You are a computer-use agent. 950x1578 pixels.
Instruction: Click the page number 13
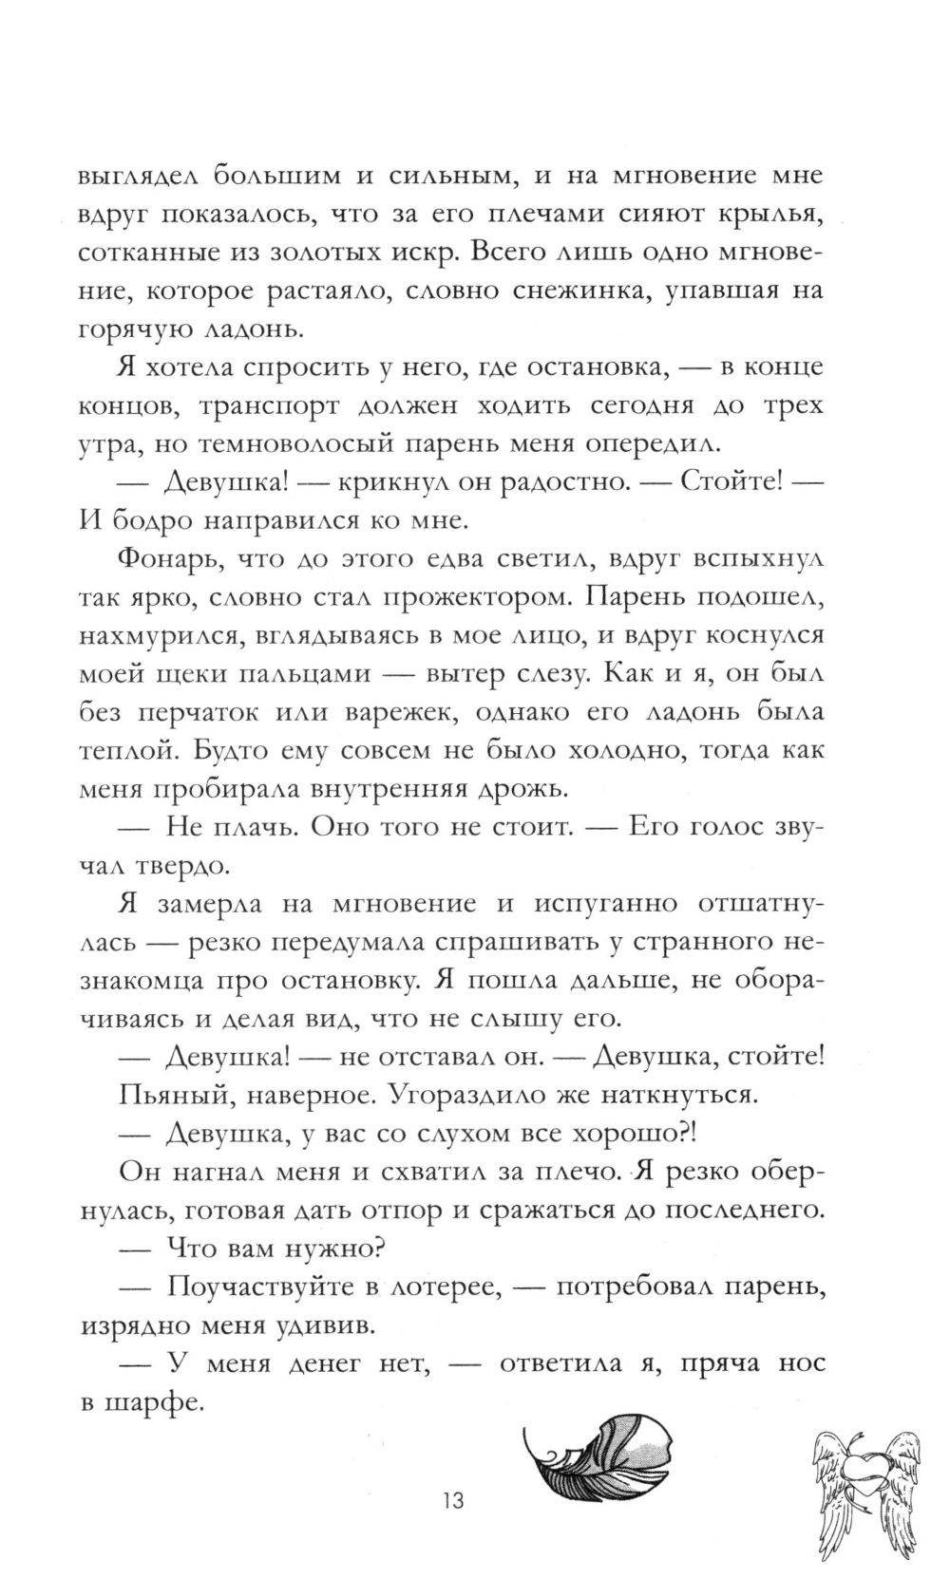click(x=452, y=1475)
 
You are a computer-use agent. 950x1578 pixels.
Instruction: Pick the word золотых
click(x=356, y=253)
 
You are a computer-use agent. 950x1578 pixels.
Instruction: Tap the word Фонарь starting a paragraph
click(x=163, y=559)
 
